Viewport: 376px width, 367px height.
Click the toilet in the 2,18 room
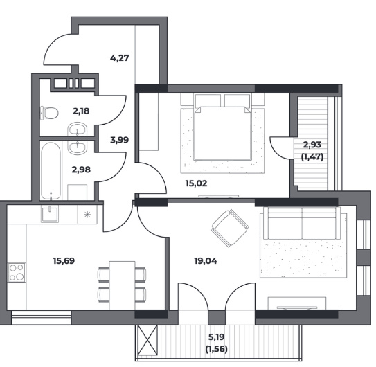pyautogui.click(x=49, y=113)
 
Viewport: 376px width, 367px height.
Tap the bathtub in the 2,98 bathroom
pyautogui.click(x=51, y=171)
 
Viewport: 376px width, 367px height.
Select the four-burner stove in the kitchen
pyautogui.click(x=17, y=272)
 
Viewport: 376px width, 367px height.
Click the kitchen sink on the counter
pyautogui.click(x=50, y=215)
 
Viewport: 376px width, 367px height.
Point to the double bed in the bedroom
pyautogui.click(x=222, y=127)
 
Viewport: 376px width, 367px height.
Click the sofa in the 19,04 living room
pyautogui.click(x=302, y=223)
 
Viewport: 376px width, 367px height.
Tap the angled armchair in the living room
pyautogui.click(x=230, y=228)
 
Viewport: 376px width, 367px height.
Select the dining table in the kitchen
pyautogui.click(x=122, y=285)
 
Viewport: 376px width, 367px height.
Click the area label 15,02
pyautogui.click(x=196, y=183)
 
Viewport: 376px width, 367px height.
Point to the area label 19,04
pyautogui.click(x=206, y=261)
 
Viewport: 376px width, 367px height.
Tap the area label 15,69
pyautogui.click(x=64, y=261)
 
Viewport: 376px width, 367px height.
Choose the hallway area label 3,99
pyautogui.click(x=119, y=140)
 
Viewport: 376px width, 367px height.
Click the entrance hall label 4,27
pyautogui.click(x=119, y=57)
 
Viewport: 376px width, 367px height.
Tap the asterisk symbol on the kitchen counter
pyautogui.click(x=87, y=214)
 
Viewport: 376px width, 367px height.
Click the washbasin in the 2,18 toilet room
pyautogui.click(x=78, y=129)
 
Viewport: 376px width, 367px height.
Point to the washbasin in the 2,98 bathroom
pyautogui.click(x=78, y=147)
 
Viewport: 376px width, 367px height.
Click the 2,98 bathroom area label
pyautogui.click(x=81, y=170)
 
